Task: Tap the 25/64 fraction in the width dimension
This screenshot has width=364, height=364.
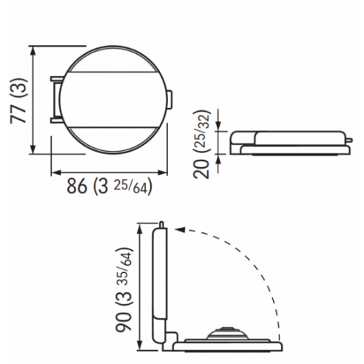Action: click(x=134, y=186)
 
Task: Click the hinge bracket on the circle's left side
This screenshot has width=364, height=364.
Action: click(x=55, y=98)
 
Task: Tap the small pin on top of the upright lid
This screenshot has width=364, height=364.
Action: click(x=160, y=223)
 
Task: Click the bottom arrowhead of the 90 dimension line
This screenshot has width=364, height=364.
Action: click(x=139, y=347)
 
